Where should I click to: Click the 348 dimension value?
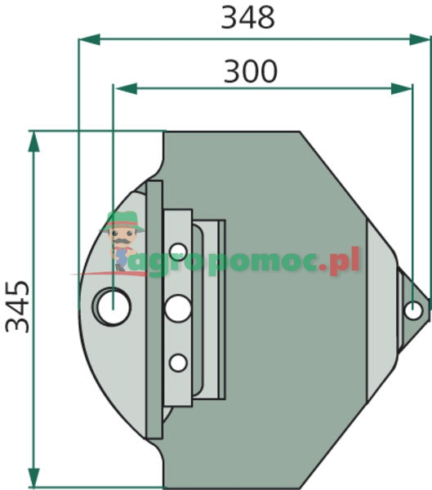(x=247, y=18)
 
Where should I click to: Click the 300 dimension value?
(x=251, y=72)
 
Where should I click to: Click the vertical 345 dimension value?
(x=17, y=306)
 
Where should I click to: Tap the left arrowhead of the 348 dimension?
(x=89, y=40)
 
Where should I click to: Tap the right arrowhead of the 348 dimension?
(x=420, y=40)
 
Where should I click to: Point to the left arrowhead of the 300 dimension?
(x=126, y=89)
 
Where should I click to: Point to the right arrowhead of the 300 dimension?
(x=401, y=89)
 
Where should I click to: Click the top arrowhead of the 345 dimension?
(x=33, y=141)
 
